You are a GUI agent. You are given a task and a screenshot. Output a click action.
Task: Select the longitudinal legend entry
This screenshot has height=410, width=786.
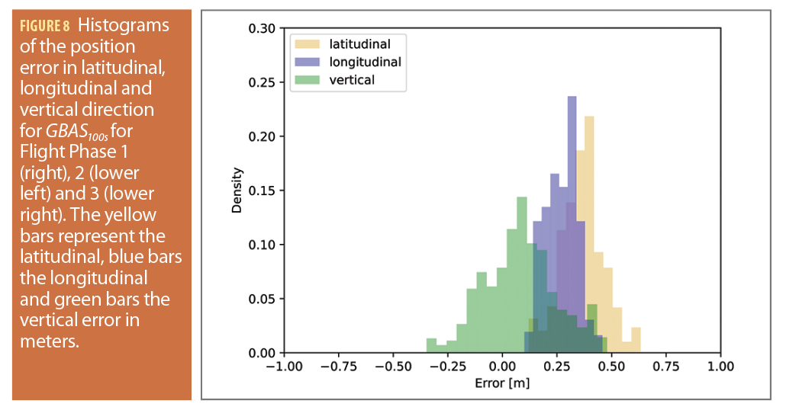pyautogui.click(x=365, y=61)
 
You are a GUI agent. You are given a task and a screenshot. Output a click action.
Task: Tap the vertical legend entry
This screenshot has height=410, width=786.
pyautogui.click(x=351, y=79)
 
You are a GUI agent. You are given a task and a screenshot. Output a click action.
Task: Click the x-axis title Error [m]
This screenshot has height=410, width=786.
pyautogui.click(x=501, y=383)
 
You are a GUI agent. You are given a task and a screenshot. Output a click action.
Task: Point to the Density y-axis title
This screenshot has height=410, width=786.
pyautogui.click(x=237, y=191)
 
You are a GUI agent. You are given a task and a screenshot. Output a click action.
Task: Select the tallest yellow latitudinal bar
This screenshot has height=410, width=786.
pyautogui.click(x=588, y=229)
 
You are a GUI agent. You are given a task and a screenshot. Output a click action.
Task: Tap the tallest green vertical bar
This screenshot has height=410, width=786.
pyautogui.click(x=522, y=274)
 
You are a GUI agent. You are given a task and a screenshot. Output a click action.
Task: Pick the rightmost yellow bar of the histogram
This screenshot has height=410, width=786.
pyautogui.click(x=636, y=341)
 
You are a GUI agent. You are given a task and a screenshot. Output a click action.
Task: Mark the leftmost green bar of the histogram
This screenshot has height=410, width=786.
pyautogui.click(x=431, y=346)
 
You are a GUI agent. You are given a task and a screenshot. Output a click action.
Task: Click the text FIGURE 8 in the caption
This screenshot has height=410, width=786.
pyautogui.click(x=46, y=25)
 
